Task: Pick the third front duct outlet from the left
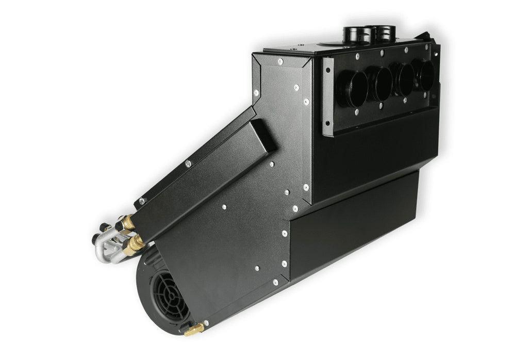coord(405,78)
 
